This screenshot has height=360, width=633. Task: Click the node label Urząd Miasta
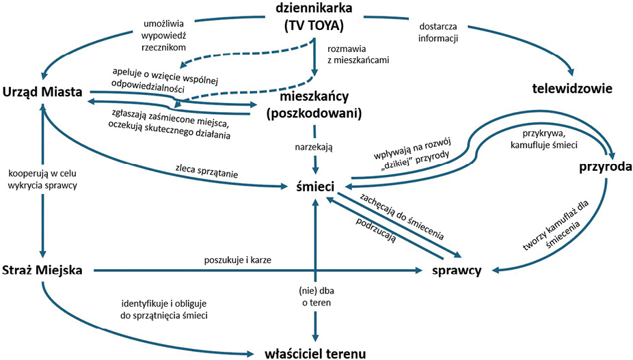42,92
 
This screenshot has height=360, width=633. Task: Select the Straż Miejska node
42,271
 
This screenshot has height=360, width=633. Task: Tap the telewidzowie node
572,89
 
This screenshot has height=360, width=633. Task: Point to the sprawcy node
457,271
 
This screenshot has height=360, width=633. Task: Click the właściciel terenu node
316,352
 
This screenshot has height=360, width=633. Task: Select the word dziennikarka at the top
314,10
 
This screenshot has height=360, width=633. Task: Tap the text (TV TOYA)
314,27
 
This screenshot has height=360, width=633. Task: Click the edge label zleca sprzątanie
207,174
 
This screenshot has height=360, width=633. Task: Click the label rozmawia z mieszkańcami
358,54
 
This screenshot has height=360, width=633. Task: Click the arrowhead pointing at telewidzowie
572,74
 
